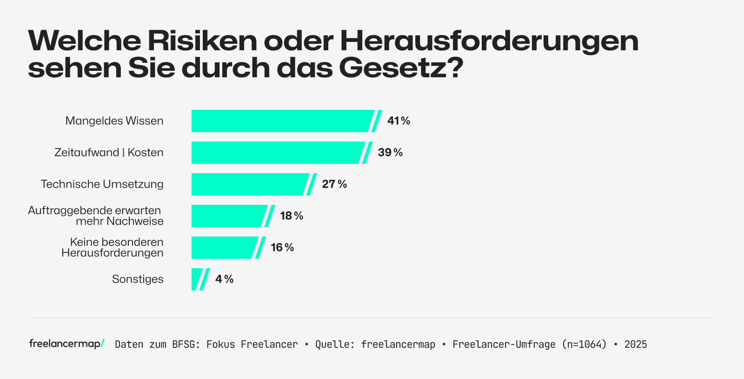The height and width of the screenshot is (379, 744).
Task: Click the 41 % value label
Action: click(399, 121)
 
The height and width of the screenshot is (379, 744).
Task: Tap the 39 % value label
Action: click(390, 153)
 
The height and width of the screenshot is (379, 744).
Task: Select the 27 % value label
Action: click(334, 184)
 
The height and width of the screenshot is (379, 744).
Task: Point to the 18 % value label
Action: click(292, 216)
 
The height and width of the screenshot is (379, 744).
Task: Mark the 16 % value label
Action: click(282, 248)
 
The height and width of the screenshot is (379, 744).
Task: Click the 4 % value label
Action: click(224, 279)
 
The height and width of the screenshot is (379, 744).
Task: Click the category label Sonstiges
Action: click(138, 279)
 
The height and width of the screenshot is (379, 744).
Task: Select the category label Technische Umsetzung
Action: click(102, 184)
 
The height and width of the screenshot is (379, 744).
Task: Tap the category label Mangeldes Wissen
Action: click(114, 121)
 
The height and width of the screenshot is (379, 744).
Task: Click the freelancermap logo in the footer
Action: click(66, 344)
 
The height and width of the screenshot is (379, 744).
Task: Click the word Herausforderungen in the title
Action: click(489, 41)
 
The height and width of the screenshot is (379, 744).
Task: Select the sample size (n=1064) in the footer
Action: click(584, 345)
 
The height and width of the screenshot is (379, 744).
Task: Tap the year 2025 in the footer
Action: click(636, 345)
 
